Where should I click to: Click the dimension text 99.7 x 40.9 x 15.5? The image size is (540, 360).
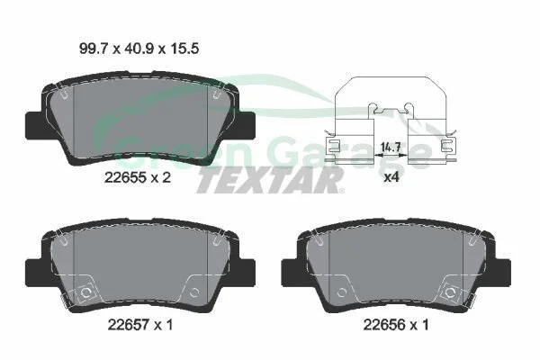coord(139,49)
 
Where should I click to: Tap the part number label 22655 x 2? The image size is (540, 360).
coord(138,178)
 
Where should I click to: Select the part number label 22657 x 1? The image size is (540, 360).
coord(140,325)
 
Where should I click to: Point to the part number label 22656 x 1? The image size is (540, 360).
coord(396,325)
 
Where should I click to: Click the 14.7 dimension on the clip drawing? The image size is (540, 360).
coord(391,148)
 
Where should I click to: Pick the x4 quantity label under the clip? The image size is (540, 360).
coord(391,177)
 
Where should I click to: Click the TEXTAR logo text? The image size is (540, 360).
coord(269,181)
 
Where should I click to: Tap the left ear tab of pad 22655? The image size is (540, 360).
coord(34,126)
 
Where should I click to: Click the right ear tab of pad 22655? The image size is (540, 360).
coord(247,126)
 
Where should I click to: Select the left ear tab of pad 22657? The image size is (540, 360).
coord(34,272)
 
